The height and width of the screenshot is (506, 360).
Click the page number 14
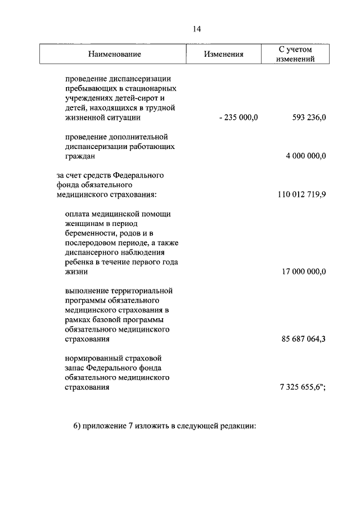196,29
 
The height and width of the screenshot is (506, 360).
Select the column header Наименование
114,55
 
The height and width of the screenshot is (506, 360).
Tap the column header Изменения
224,55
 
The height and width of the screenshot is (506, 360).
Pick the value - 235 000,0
238,118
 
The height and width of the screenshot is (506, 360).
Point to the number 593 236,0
309,118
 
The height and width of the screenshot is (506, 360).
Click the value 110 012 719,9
302,195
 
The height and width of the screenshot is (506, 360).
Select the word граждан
80,156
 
